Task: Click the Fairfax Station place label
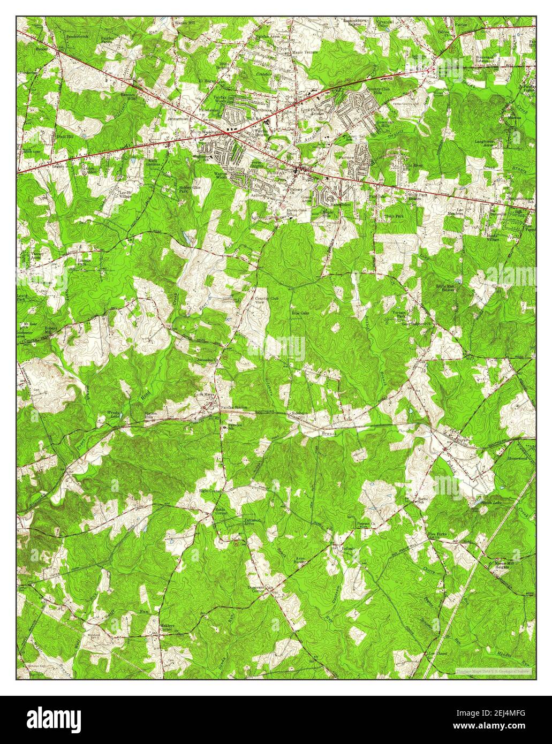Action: [234, 408]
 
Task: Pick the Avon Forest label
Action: [300, 560]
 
